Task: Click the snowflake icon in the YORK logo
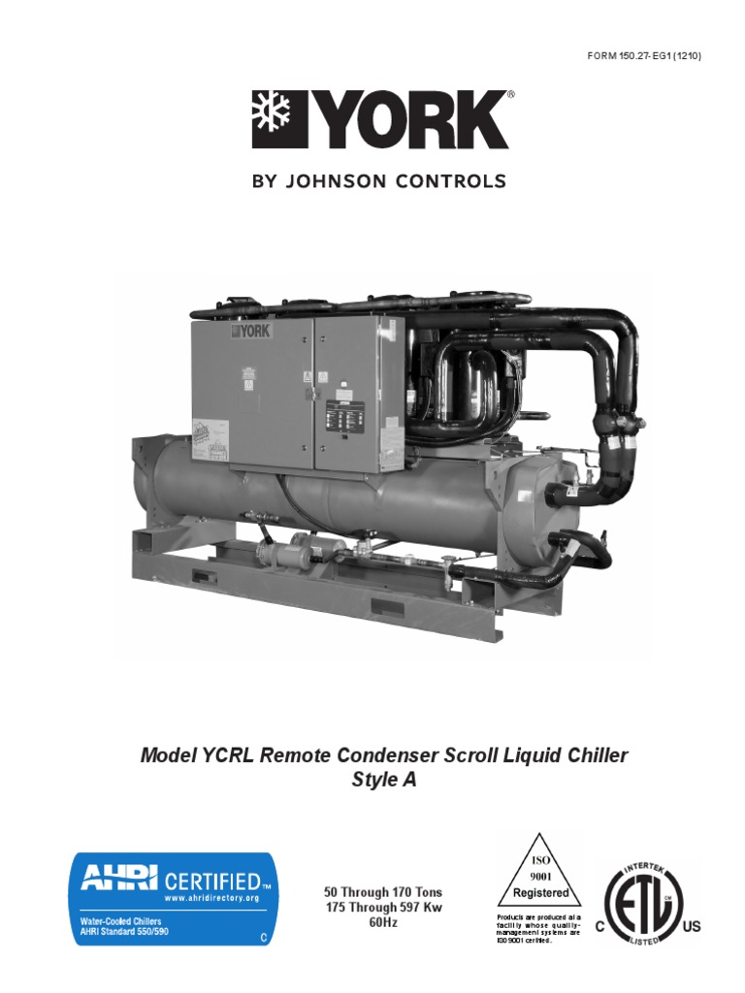click(x=272, y=120)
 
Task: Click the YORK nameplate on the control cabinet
click(x=251, y=331)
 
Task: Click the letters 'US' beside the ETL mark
click(x=692, y=927)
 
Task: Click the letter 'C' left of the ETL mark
click(x=599, y=927)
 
